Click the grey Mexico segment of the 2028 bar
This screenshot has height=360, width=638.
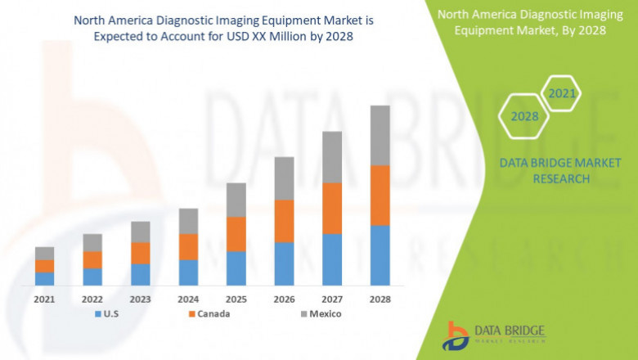pyautogui.click(x=380, y=135)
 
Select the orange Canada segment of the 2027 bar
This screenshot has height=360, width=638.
pyautogui.click(x=332, y=208)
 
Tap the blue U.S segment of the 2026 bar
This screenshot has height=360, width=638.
pyautogui.click(x=284, y=263)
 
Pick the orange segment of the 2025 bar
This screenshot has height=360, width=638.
pyautogui.click(x=236, y=234)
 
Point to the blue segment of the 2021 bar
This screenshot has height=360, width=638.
pyautogui.click(x=44, y=278)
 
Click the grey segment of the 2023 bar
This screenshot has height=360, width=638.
pyautogui.click(x=140, y=232)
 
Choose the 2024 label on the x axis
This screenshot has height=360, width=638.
pyautogui.click(x=188, y=299)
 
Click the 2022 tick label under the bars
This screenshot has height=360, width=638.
pyautogui.click(x=92, y=299)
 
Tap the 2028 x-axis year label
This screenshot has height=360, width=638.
pyautogui.click(x=380, y=299)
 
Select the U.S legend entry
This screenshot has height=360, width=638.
pyautogui.click(x=109, y=313)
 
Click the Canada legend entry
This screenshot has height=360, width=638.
pyautogui.click(x=209, y=313)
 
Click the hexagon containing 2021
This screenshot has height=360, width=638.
pyautogui.click(x=562, y=94)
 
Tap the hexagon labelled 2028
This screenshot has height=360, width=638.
pyautogui.click(x=524, y=116)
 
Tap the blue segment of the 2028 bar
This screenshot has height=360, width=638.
pyautogui.click(x=380, y=254)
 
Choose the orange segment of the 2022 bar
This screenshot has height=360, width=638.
pyautogui.click(x=92, y=259)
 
